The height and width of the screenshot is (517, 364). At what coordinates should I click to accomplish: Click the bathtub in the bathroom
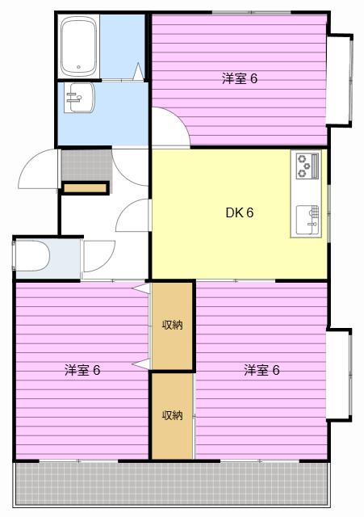pos(79,47)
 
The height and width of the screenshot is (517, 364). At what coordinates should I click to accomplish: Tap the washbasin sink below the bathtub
pos(80,98)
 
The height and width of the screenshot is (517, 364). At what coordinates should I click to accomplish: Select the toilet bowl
pos(32,256)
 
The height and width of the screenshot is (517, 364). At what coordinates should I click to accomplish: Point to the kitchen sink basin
pos(308,220)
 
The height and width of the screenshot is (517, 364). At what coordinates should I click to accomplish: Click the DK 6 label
pos(240,213)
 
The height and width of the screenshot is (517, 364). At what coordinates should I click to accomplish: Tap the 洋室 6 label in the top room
pos(240,79)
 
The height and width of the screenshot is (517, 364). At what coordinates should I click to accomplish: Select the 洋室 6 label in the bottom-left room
pos(82,370)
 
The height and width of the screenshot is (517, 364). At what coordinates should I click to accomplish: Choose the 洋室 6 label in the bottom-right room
pos(261,370)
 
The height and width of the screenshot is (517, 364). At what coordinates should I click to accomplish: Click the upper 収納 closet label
pos(172,325)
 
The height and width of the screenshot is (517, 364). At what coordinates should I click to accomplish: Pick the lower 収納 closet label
pos(172,415)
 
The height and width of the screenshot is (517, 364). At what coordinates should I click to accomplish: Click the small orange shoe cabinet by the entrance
pos(86,188)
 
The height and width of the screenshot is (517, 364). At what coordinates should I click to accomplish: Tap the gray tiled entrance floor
pos(86,165)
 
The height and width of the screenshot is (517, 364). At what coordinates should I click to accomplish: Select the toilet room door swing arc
pos(106,260)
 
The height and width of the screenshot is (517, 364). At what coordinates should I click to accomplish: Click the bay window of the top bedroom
pos(339,79)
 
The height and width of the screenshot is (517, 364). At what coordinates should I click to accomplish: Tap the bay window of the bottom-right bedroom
pos(339,375)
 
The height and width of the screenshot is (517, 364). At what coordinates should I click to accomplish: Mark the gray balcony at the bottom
pos(172,483)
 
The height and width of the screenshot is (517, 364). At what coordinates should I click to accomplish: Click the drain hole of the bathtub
pos(79,67)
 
